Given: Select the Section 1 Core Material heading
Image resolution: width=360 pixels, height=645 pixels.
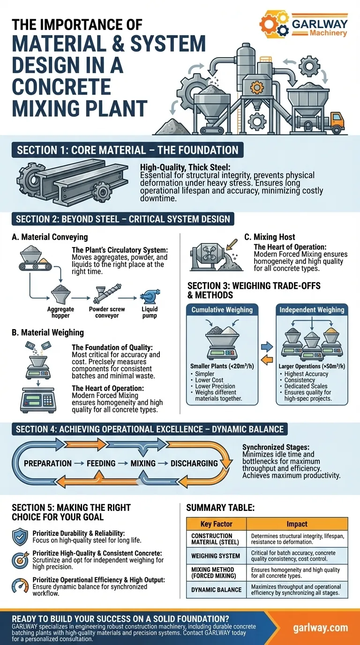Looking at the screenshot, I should pyautogui.click(x=127, y=150).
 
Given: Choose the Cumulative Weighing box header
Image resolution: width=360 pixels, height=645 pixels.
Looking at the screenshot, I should pyautogui.click(x=222, y=309).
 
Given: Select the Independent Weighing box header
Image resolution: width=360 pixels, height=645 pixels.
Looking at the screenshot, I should pyautogui.click(x=312, y=309).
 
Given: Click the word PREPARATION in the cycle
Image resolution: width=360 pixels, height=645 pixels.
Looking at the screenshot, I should pyautogui.click(x=48, y=463).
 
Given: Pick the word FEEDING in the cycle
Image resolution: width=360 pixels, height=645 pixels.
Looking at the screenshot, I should pyautogui.click(x=101, y=463).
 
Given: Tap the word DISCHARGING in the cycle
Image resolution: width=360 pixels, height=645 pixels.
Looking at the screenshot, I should pyautogui.click(x=194, y=463).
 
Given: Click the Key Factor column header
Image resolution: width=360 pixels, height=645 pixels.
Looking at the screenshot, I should pyautogui.click(x=217, y=524).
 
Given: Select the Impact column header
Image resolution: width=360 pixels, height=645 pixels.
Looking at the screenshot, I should pyautogui.click(x=297, y=524).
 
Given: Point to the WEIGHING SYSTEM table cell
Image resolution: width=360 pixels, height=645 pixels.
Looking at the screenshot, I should pyautogui.click(x=216, y=555).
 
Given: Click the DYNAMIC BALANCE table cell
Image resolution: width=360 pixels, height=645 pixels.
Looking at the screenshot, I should pyautogui.click(x=216, y=590).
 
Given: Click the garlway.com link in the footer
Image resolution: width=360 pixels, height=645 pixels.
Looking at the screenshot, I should pyautogui.click(x=322, y=627).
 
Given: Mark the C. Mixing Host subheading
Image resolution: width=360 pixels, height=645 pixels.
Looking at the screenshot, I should pyautogui.click(x=270, y=237).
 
